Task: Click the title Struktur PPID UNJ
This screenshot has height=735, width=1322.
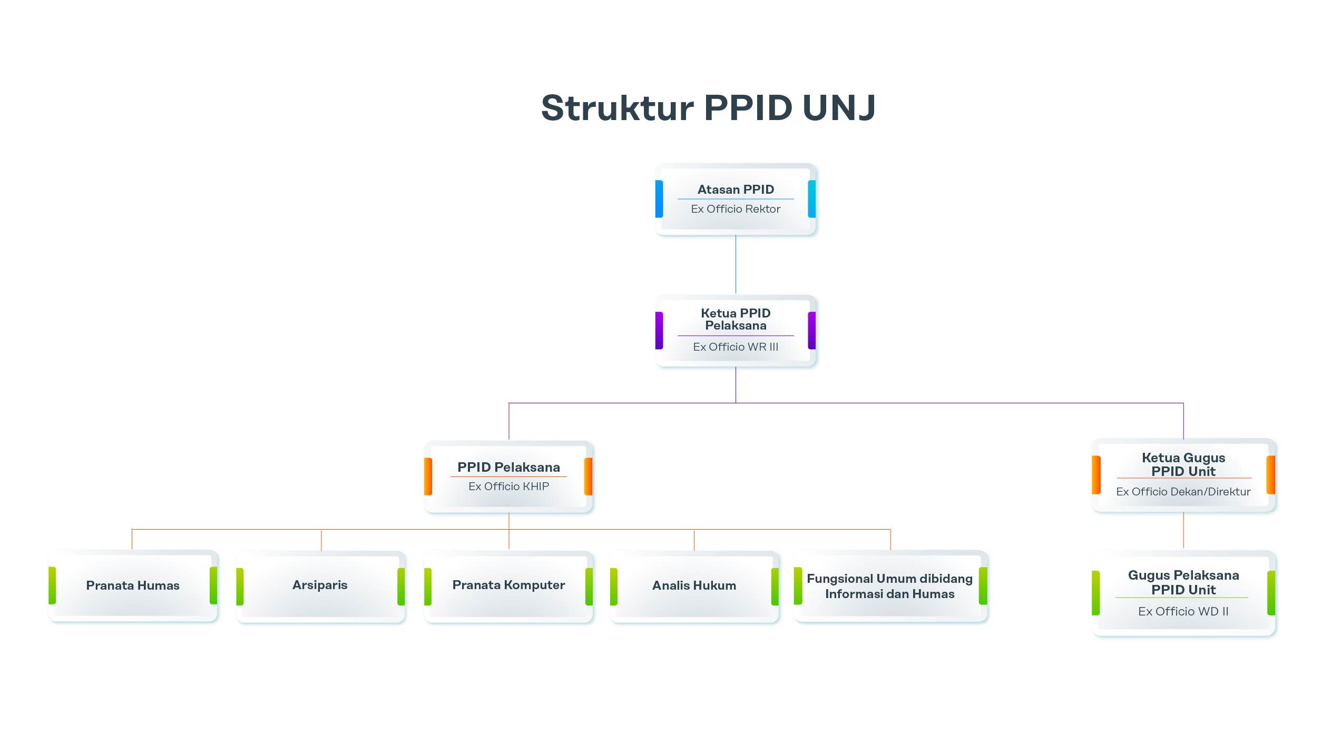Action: point(708,108)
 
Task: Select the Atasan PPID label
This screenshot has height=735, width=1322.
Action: point(736,190)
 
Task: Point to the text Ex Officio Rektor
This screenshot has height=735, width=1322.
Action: point(736,209)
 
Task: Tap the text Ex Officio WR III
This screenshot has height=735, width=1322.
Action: point(736,347)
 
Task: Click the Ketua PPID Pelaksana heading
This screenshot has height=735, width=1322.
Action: point(736,320)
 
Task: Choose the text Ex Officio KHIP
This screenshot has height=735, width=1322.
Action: point(508,486)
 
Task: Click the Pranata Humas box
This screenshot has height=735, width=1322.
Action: point(133,585)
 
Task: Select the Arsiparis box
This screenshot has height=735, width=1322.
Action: point(320,585)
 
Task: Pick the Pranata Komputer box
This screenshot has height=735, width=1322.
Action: point(508,585)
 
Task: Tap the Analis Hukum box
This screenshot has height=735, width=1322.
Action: point(694,585)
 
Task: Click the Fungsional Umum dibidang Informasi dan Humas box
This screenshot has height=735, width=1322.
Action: point(890,587)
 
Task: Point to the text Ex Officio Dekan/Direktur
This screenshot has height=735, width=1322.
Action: point(1183,492)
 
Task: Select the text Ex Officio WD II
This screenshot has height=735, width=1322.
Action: point(1183,612)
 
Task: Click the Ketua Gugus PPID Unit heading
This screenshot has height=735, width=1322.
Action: point(1183,464)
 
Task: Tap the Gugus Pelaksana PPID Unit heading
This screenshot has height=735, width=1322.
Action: point(1183,582)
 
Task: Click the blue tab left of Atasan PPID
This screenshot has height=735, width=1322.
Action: point(659,199)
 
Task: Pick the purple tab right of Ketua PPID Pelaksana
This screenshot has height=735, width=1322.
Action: point(811,331)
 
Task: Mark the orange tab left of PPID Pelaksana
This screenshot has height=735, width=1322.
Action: point(428,477)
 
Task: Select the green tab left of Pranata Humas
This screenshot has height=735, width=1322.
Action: point(52,585)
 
